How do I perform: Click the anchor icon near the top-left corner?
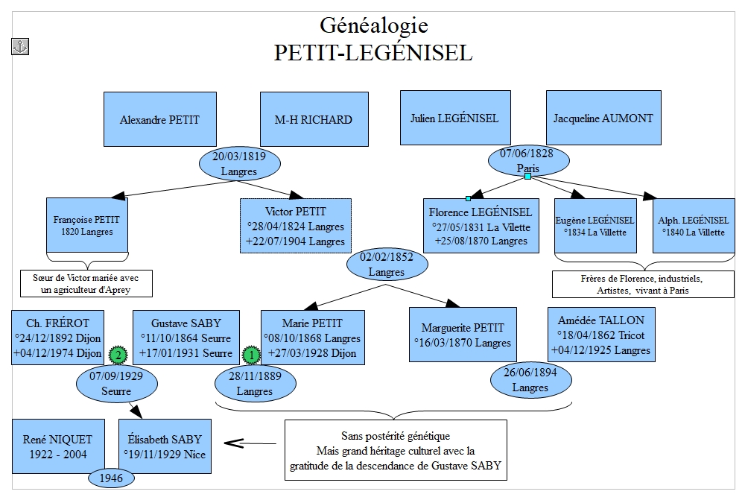[20, 47]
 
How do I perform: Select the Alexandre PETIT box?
[160, 119]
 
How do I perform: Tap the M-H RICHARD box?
[314, 119]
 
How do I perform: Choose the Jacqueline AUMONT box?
[603, 118]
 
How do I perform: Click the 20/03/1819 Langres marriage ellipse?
[239, 163]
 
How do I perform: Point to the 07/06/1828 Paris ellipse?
[528, 161]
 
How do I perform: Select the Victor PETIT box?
[296, 226]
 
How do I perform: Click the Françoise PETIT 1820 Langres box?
[87, 225]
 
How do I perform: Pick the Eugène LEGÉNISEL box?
[595, 226]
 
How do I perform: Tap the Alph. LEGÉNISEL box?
[694, 226]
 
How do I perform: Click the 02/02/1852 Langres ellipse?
[387, 265]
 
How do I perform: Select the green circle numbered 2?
[118, 355]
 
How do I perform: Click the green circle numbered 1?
[251, 355]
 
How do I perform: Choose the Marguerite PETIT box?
[463, 335]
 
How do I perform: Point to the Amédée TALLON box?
[601, 335]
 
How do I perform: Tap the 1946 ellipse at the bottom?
[111, 478]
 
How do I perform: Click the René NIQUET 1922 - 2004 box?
[58, 446]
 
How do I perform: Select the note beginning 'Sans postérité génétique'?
[396, 450]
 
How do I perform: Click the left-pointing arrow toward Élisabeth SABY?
[250, 443]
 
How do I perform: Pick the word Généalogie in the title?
[373, 25]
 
